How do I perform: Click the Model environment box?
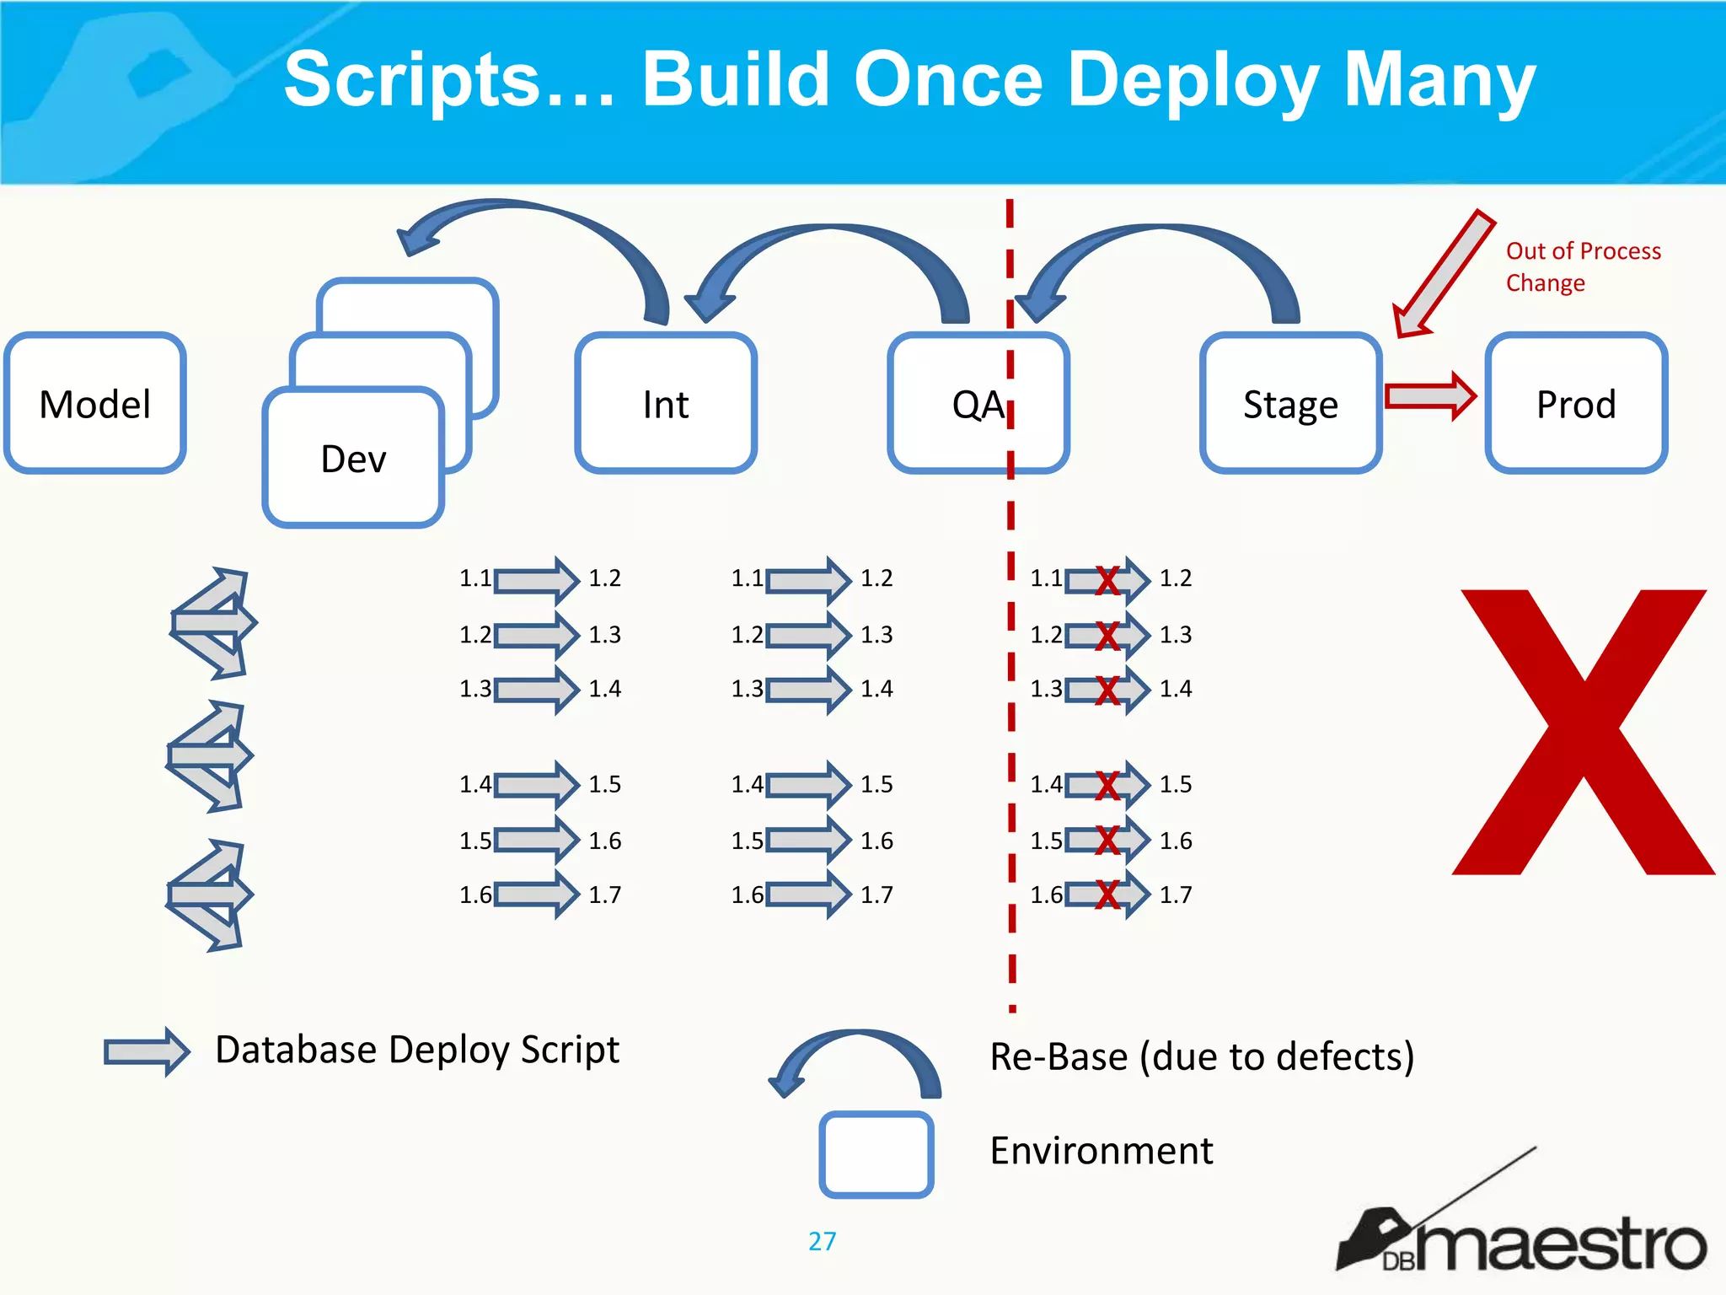point(94,403)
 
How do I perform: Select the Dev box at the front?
point(353,458)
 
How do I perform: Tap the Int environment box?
point(665,403)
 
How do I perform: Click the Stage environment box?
point(1289,403)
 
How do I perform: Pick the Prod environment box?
point(1575,403)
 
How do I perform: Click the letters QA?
point(978,405)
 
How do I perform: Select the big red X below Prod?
point(1583,732)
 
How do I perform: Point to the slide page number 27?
point(822,1241)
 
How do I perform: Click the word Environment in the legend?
point(1101,1151)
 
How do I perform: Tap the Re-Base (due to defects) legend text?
point(1201,1056)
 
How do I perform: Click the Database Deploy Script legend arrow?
point(147,1051)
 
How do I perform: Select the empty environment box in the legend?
point(876,1153)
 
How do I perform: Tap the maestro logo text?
point(1559,1244)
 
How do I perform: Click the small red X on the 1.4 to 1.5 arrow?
point(1107,786)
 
